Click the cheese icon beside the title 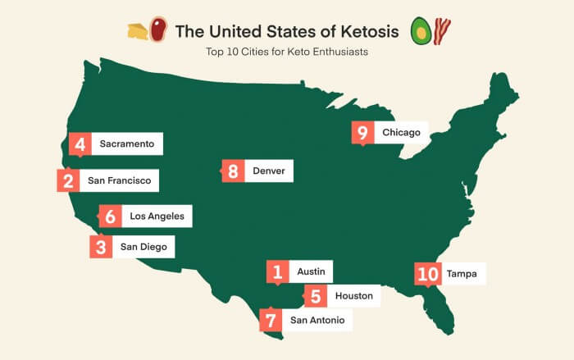136,31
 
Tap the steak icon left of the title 157,31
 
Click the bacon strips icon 444,31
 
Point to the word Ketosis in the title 364,32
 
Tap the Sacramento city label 126,144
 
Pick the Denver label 268,171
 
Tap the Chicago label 401,132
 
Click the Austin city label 312,271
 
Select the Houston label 353,295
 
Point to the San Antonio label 317,320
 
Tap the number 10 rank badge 427,274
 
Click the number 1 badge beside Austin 278,271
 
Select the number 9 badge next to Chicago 362,132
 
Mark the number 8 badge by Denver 234,171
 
